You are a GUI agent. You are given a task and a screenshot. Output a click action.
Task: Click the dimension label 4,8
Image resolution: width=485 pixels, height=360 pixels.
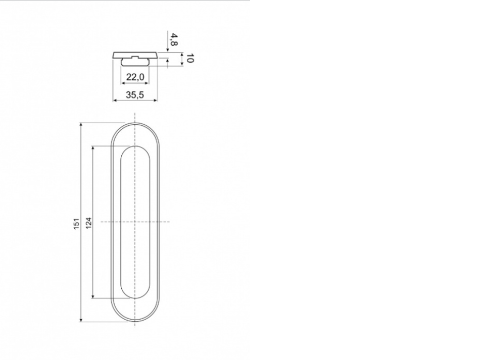pos(174,39)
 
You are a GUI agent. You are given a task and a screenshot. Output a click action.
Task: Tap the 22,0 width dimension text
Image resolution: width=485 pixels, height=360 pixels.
pos(135,77)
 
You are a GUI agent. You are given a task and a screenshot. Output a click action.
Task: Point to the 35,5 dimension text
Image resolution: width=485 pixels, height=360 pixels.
pos(135,95)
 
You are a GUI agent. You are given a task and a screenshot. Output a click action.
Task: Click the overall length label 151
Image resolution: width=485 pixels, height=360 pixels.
pos(76,224)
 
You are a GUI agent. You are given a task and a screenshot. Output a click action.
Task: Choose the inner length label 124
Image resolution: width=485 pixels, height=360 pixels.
pos(89,223)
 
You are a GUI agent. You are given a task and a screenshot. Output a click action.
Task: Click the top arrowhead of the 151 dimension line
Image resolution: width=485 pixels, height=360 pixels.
pos(81,125)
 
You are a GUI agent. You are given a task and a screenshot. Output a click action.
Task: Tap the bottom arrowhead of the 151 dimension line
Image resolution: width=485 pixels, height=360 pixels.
pos(81,320)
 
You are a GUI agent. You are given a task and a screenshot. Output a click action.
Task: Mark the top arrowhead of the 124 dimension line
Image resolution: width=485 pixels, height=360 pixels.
pos(93,148)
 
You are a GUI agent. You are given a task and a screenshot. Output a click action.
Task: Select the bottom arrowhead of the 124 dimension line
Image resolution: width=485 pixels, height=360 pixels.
pos(93,296)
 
